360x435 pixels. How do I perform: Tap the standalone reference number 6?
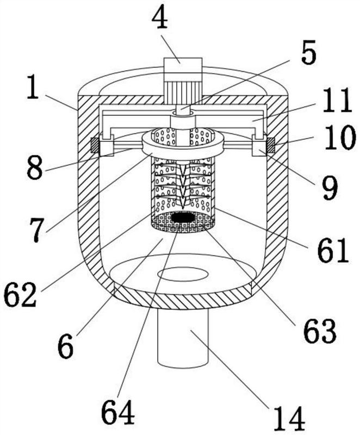[66, 346]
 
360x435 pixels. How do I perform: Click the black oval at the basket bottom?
[183, 218]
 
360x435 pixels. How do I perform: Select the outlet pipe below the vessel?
[183, 337]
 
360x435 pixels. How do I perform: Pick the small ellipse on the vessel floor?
[183, 275]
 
